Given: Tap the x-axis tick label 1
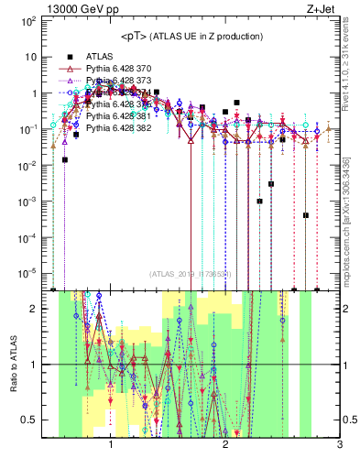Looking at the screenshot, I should (x=111, y=445).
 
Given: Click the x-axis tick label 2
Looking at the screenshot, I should (x=225, y=445).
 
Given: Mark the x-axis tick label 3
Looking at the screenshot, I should (x=339, y=445).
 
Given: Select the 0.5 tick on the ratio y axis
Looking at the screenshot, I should (x=29, y=420).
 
